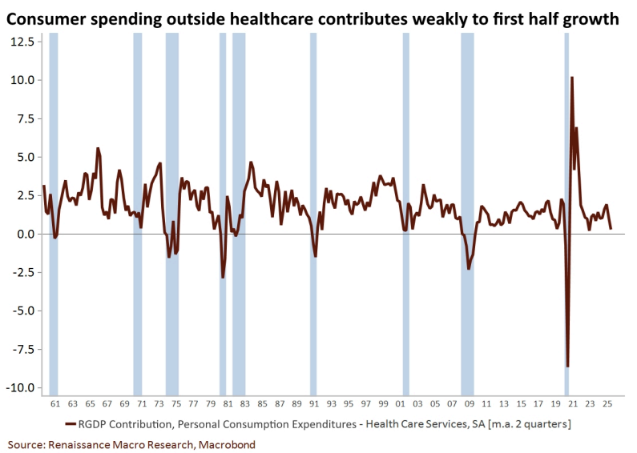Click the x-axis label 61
coord(54,404)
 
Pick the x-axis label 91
coord(313,404)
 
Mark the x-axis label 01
coord(405,404)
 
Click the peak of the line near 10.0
coord(572,78)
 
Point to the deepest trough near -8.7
coord(567,367)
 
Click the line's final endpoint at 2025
coord(611,229)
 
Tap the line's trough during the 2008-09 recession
coord(469,269)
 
